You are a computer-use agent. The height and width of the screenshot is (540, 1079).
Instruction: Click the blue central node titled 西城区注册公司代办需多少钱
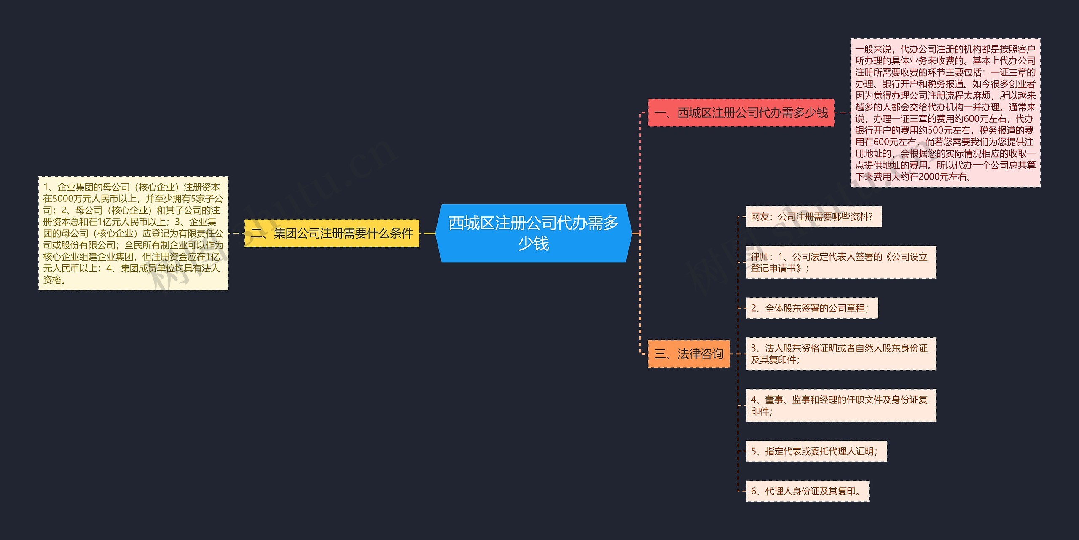[x=534, y=233]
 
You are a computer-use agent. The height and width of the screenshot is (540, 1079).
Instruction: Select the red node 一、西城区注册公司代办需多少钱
[x=741, y=113]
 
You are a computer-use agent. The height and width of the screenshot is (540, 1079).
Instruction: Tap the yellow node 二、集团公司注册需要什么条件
[x=332, y=233]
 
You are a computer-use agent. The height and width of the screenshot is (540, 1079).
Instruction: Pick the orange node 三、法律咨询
[x=688, y=354]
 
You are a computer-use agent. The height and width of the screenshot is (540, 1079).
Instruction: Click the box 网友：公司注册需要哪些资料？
[x=813, y=217]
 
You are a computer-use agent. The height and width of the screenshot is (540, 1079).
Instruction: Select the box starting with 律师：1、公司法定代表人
[x=840, y=262]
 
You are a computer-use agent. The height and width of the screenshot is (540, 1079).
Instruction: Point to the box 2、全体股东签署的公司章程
[x=812, y=308]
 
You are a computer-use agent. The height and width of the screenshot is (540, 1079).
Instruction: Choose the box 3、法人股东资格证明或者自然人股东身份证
[x=840, y=354]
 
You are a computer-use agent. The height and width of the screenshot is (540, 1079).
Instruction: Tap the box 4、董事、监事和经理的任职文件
[x=840, y=405]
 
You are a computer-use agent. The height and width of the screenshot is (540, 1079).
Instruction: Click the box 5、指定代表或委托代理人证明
[x=816, y=451]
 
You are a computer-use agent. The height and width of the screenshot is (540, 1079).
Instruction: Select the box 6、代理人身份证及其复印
[x=807, y=491]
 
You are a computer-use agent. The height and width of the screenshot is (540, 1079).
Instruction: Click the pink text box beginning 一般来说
[x=945, y=113]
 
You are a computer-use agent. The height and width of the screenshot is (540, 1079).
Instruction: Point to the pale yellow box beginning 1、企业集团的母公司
[x=133, y=233]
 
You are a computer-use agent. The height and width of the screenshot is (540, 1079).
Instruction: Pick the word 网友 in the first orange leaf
[x=760, y=217]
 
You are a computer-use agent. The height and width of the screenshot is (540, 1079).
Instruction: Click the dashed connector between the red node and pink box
[x=842, y=113]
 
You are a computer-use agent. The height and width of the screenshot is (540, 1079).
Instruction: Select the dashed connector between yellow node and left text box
[x=236, y=233]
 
